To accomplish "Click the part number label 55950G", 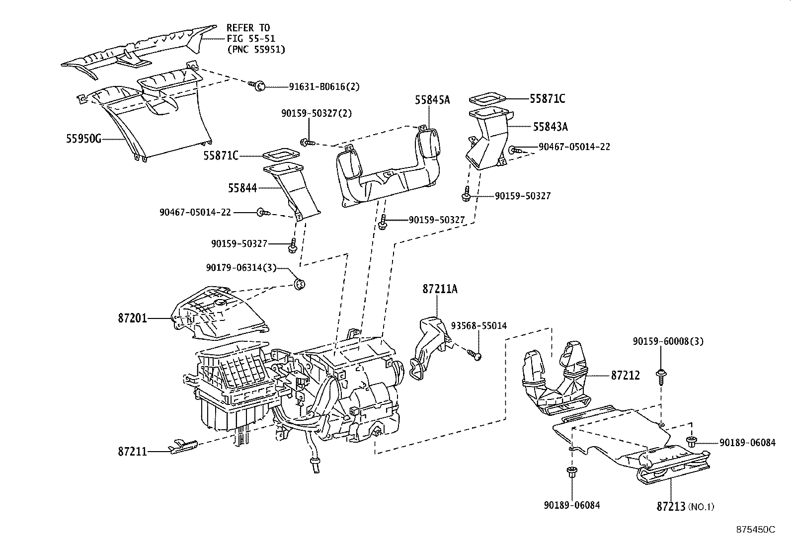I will coord(83,139).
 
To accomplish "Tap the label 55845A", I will coord(432,100).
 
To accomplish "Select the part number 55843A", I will coord(550,127).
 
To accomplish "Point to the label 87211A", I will coord(440,289).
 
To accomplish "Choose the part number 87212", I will coord(625,376).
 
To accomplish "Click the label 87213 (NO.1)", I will coord(685,506).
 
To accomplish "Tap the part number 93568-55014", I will coord(478,325).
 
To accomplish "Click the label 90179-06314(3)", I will coord(247,267).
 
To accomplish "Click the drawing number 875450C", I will coord(755,530).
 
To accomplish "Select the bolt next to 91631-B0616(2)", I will coord(258,86).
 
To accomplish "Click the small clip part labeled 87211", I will coord(183,446).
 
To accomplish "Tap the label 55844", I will coord(242,188).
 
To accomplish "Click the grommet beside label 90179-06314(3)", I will coord(300,285).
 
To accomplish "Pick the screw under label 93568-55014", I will coord(475,355).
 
